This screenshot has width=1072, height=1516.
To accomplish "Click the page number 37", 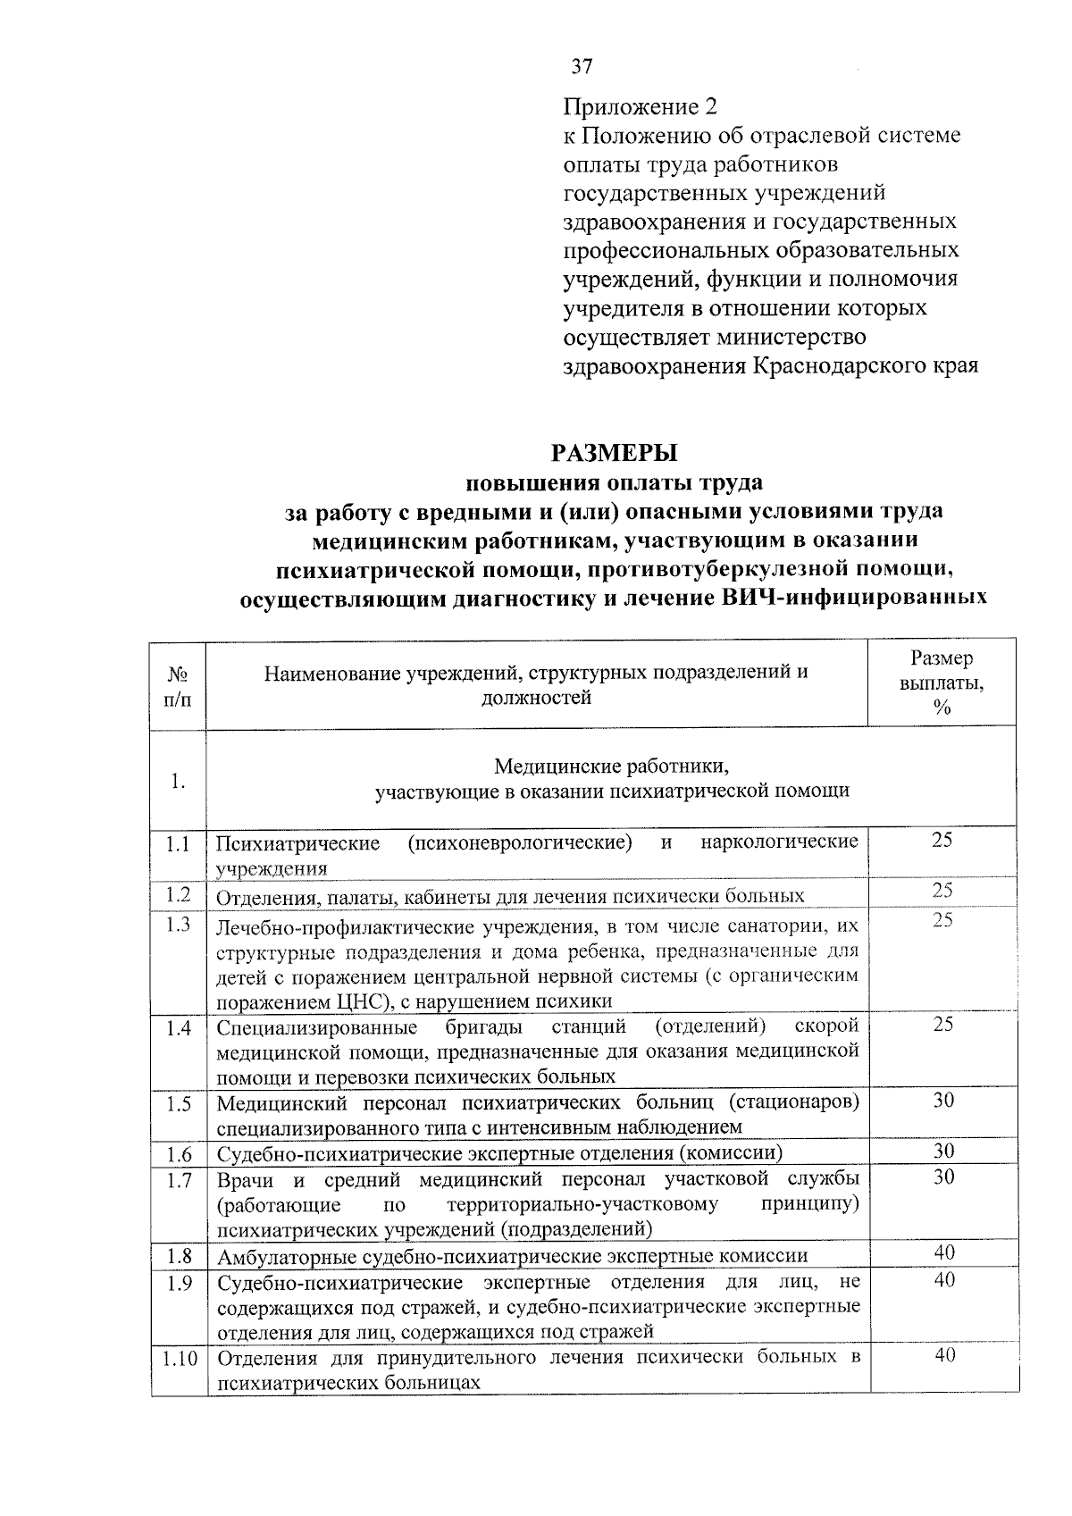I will [582, 66].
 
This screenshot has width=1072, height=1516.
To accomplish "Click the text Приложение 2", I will [640, 107].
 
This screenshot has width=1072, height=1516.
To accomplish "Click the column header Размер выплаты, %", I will [942, 683].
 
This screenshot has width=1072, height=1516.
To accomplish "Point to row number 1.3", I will [178, 925].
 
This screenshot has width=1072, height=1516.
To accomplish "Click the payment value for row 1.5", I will [943, 1101].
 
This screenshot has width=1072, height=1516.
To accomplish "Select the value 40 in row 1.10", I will [944, 1355].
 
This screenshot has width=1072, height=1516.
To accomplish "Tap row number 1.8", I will [179, 1256].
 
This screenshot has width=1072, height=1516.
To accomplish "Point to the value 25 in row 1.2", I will [942, 891].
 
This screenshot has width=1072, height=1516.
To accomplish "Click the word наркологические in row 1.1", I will [779, 842].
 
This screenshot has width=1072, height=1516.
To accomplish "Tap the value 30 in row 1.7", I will [943, 1177].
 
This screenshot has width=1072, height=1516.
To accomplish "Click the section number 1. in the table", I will [178, 782].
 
